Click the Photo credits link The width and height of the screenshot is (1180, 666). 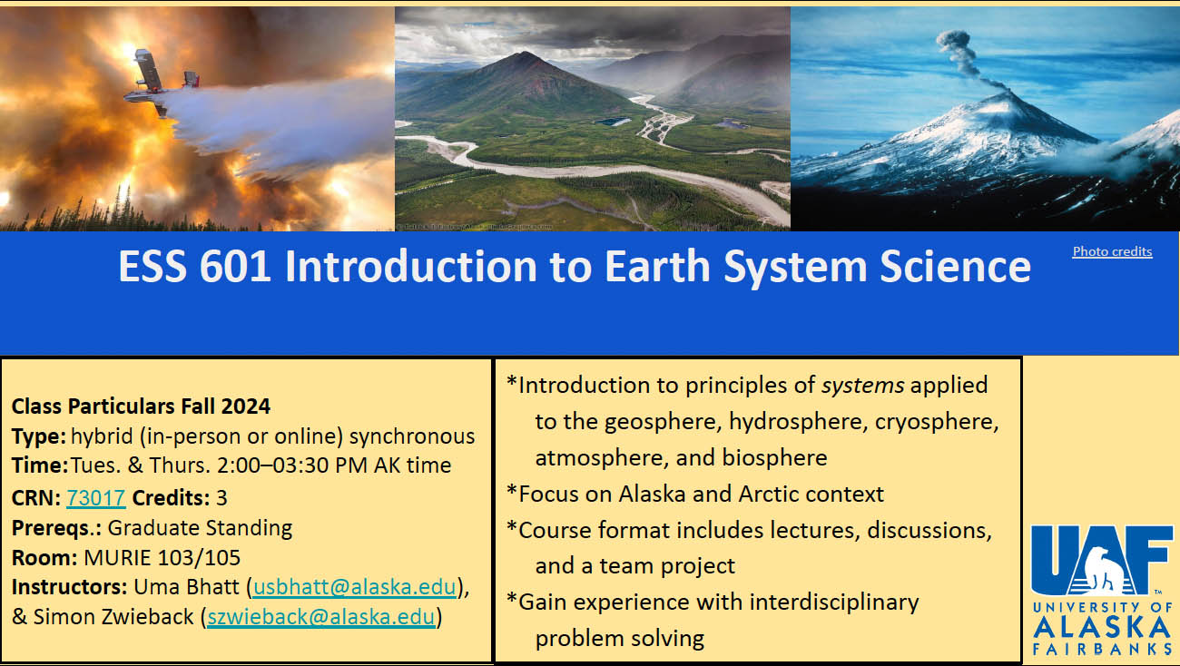click(x=1112, y=251)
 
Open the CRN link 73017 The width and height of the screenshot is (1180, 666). click(x=96, y=498)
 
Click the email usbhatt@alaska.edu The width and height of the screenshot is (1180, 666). click(x=355, y=587)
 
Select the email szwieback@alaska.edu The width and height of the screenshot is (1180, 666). click(x=321, y=617)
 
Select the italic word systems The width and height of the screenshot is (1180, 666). click(x=863, y=386)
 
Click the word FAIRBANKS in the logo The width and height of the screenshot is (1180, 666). click(x=1102, y=649)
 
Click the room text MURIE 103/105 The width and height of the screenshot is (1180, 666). click(x=162, y=557)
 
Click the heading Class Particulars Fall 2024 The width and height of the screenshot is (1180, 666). click(x=142, y=406)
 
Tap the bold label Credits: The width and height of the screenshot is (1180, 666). click(x=171, y=498)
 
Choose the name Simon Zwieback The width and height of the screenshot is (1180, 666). click(x=113, y=617)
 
